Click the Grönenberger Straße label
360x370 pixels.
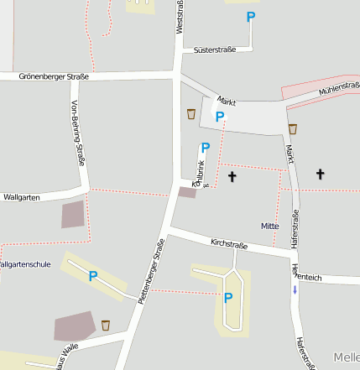55,76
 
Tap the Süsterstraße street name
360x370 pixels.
214,50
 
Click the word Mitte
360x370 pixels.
269,227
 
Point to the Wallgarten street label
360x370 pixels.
22,198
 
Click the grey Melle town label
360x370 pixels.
346,357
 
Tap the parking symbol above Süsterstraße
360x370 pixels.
251,17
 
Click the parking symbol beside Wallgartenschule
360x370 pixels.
93,276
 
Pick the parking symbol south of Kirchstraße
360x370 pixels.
228,297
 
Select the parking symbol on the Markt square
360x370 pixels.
220,117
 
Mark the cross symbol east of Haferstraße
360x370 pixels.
320,175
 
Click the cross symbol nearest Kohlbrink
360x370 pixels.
232,177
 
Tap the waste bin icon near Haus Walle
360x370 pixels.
106,325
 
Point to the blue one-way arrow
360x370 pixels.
295,289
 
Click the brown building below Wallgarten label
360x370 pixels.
74,214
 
